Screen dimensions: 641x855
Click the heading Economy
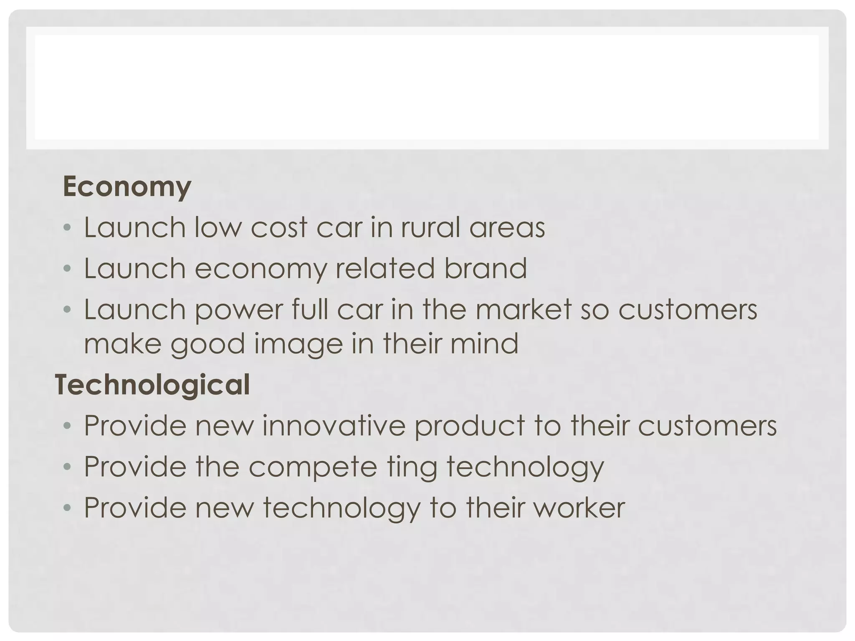[x=127, y=187]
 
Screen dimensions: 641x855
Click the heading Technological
[x=152, y=384]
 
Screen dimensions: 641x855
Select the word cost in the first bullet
[x=279, y=227]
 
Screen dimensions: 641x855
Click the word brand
[x=485, y=268]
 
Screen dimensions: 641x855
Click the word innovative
[x=334, y=425]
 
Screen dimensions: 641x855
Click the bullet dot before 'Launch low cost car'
[x=67, y=228]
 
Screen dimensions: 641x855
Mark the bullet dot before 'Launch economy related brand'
[x=67, y=269]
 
